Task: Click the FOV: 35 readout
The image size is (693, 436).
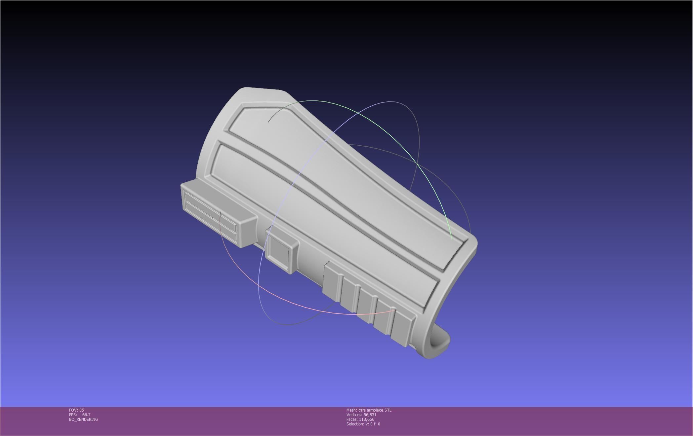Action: pos(76,410)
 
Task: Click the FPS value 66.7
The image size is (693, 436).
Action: pos(86,415)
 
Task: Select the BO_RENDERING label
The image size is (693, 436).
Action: pos(83,419)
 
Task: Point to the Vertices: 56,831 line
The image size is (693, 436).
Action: pos(361,415)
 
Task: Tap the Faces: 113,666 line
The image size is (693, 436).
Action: pos(360,419)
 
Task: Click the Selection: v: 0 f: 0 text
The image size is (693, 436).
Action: pos(363,424)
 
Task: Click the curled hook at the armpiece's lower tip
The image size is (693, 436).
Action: pos(438,345)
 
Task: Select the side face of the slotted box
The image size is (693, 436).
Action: pos(246,230)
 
